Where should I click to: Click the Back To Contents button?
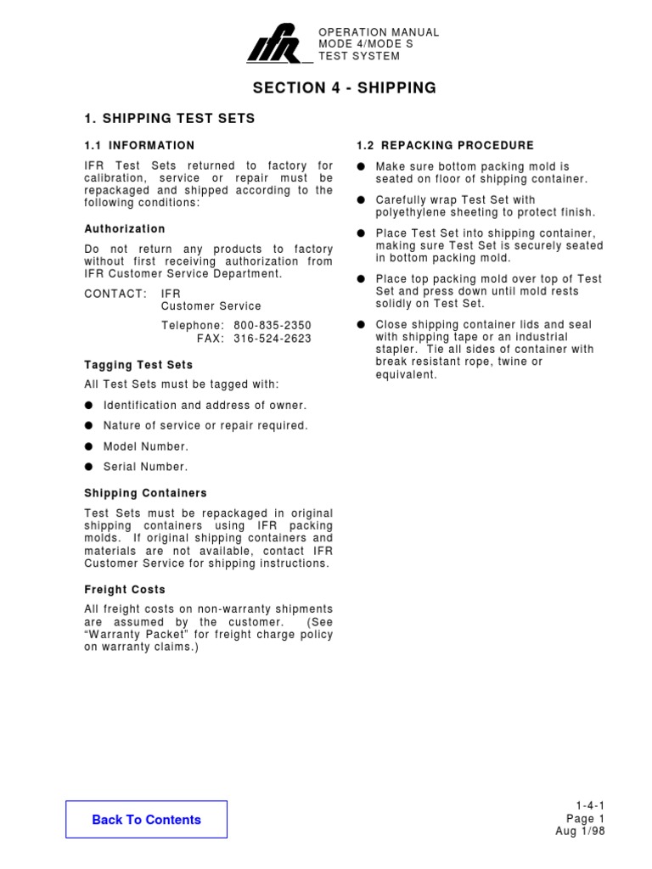tap(146, 820)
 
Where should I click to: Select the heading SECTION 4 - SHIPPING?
tap(345, 88)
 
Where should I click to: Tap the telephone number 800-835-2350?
tap(272, 325)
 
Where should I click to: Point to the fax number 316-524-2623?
tap(272, 338)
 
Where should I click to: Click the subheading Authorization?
tap(125, 229)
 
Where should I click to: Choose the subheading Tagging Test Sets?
tap(138, 365)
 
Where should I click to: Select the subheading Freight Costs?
tap(125, 590)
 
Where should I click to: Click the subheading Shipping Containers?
tap(145, 493)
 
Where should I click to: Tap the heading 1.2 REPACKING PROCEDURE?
tap(446, 146)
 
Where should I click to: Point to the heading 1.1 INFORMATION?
tap(139, 146)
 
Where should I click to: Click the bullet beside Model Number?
tap(89, 446)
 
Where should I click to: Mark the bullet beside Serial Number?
tap(89, 467)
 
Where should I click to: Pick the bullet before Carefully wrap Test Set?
tap(361, 200)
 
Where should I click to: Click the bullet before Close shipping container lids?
tap(361, 325)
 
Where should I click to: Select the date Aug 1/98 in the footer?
tap(580, 832)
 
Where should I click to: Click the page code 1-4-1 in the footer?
tap(589, 806)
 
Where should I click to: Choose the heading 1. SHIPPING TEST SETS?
tap(170, 119)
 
